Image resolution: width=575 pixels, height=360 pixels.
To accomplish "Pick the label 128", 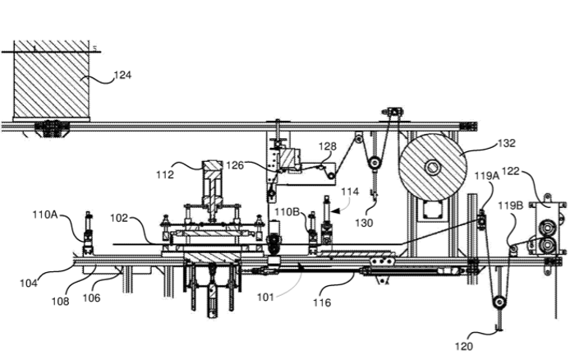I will coord(327,146).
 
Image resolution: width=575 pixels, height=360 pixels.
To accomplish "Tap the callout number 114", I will coord(351,192).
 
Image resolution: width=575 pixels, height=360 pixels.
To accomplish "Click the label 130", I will coord(364,222).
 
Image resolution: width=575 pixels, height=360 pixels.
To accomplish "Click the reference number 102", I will coord(120,219).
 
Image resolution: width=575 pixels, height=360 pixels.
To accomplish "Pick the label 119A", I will coord(486,175).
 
